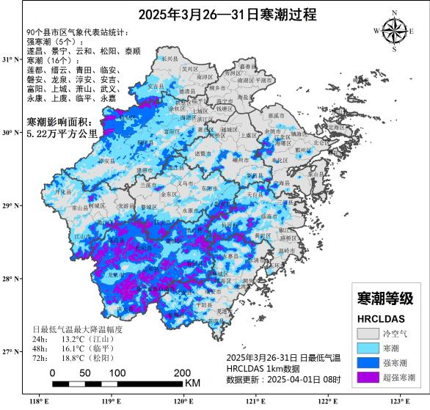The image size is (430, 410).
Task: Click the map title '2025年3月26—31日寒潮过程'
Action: (x=217, y=14)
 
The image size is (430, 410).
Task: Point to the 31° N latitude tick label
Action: (x=10, y=59)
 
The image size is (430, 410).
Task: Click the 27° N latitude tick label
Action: (x=10, y=352)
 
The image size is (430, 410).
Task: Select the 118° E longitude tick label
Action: (x=38, y=401)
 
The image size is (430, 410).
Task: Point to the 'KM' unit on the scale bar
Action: (x=192, y=383)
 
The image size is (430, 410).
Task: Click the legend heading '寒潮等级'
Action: (x=385, y=299)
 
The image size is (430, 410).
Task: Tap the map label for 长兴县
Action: (x=170, y=58)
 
